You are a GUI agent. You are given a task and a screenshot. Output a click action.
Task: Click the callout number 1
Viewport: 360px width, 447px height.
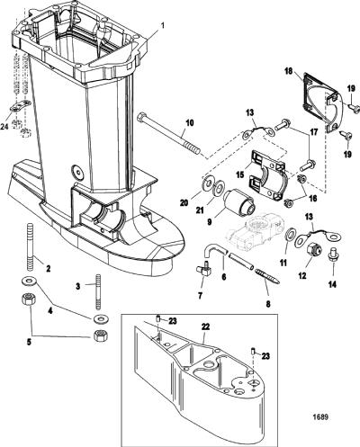pos(163,25)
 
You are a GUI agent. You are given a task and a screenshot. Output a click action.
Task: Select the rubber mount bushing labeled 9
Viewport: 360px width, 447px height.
pos(239,204)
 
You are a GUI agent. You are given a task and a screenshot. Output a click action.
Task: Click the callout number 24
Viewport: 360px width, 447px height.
pos(4,127)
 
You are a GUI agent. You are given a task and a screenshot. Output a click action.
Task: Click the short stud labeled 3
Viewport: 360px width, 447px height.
pos(99,292)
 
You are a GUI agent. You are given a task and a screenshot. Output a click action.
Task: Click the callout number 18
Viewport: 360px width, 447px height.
pos(289,73)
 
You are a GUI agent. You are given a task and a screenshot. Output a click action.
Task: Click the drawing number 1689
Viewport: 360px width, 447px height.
pos(320,417)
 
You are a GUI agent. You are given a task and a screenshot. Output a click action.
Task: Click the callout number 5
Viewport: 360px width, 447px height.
pos(29,343)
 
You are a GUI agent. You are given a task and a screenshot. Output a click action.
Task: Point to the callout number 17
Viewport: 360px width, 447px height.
pos(312,132)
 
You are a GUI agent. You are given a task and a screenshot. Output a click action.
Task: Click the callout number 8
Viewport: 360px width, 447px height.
pos(268,304)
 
